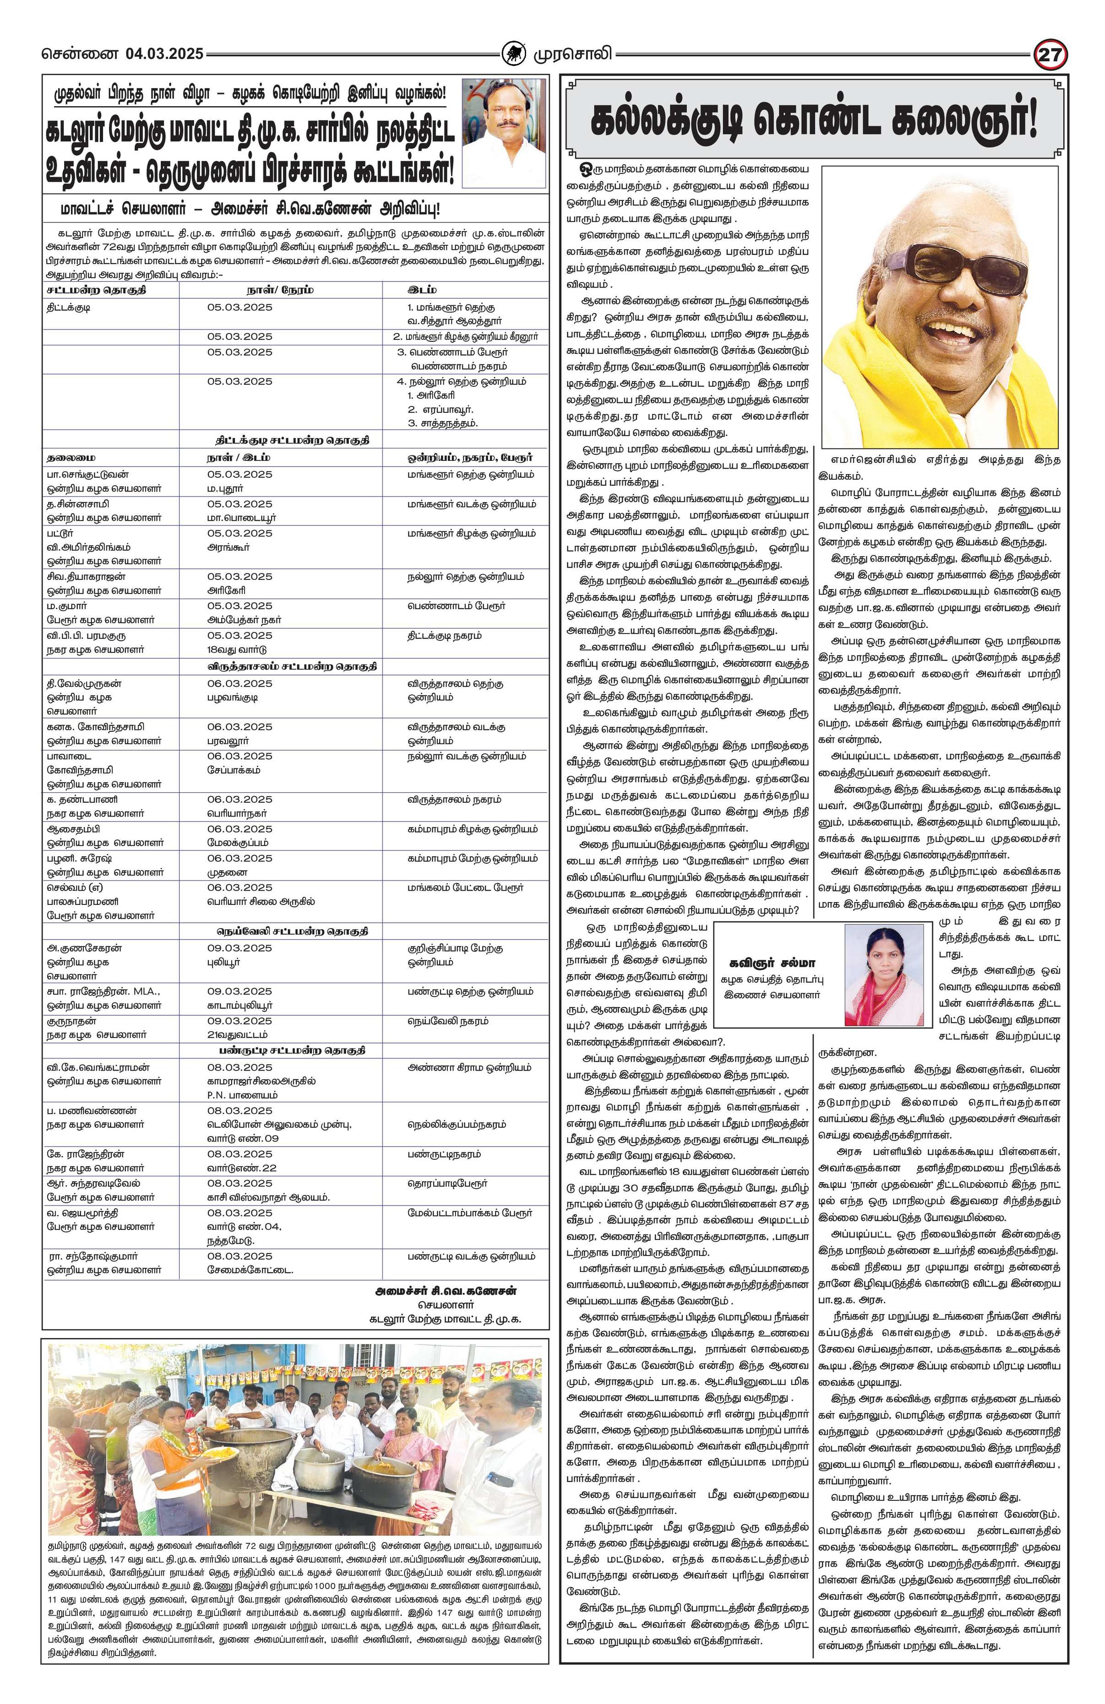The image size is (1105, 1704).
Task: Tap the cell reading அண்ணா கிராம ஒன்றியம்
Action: [469, 1067]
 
